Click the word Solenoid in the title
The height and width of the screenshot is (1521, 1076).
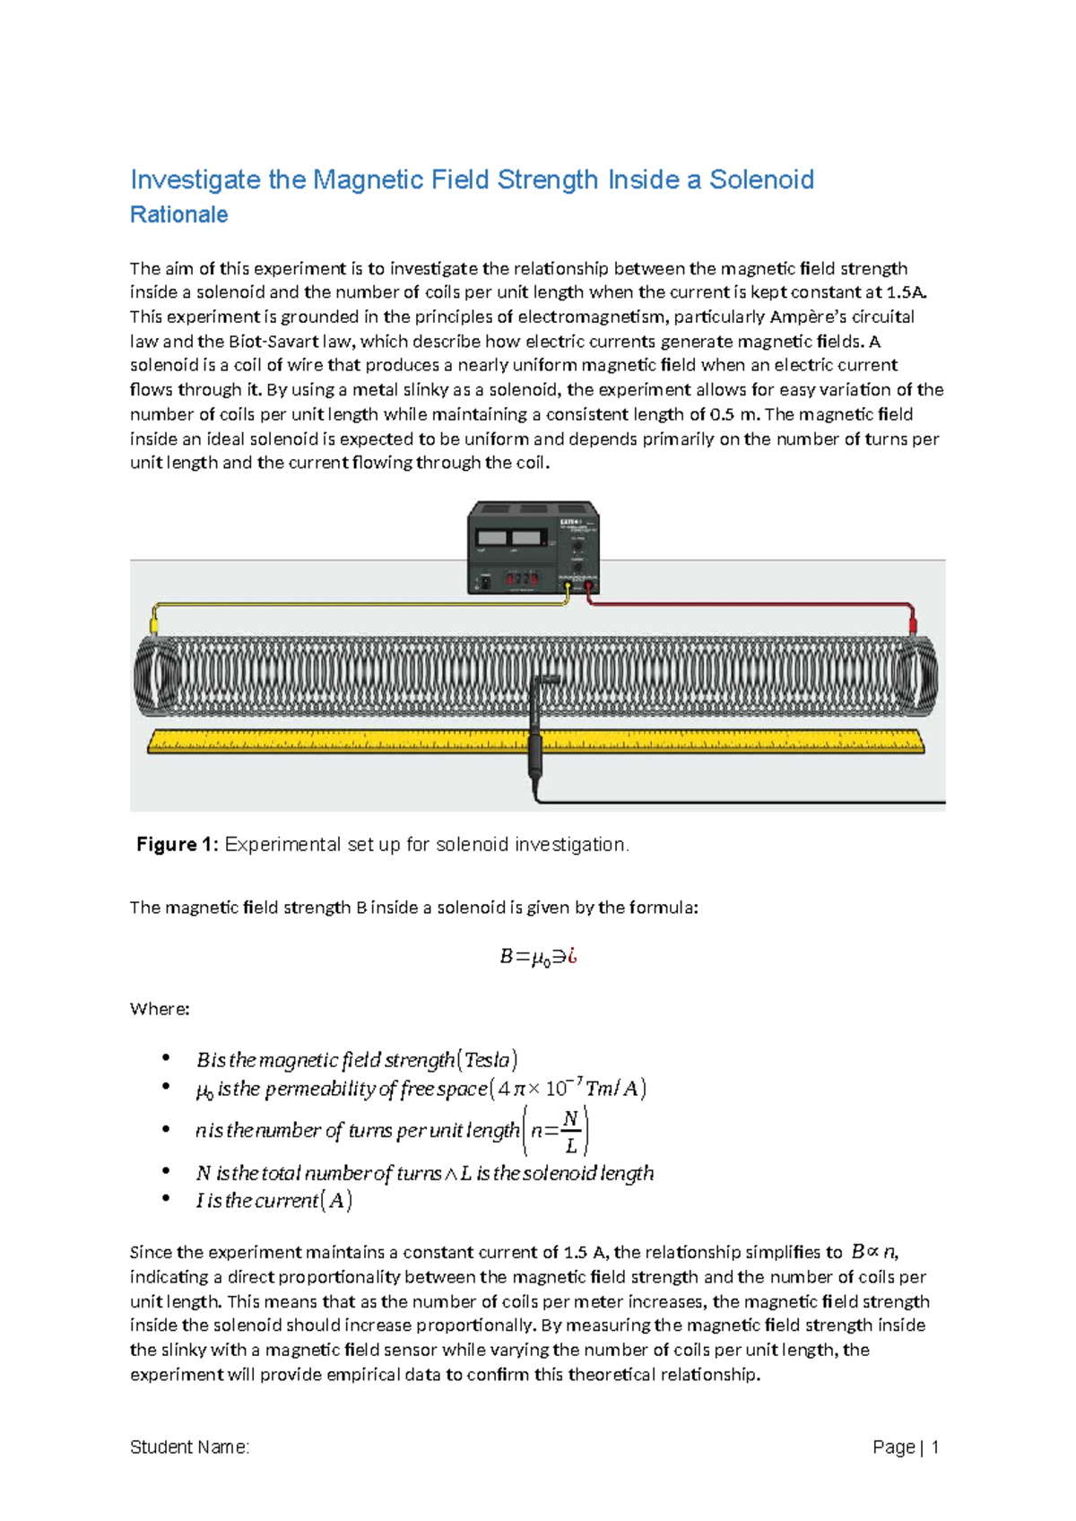[x=761, y=179]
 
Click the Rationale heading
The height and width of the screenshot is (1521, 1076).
[x=178, y=215]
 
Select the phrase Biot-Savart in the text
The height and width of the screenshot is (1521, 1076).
[x=268, y=341]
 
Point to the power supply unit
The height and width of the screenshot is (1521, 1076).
[x=533, y=547]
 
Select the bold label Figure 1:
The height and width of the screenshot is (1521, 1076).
[x=177, y=844]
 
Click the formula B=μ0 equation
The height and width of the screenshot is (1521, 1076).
[x=537, y=957]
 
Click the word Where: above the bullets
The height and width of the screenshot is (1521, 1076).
[x=160, y=1009]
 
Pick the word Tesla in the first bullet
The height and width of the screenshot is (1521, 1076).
[x=488, y=1060]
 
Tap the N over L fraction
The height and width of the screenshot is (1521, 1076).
[x=570, y=1132]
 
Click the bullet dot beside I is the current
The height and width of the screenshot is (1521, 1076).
[x=166, y=1199]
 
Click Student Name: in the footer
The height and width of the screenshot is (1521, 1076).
[x=189, y=1447]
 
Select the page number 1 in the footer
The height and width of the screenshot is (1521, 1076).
[x=934, y=1447]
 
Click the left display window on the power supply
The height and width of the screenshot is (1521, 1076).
[x=492, y=538]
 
